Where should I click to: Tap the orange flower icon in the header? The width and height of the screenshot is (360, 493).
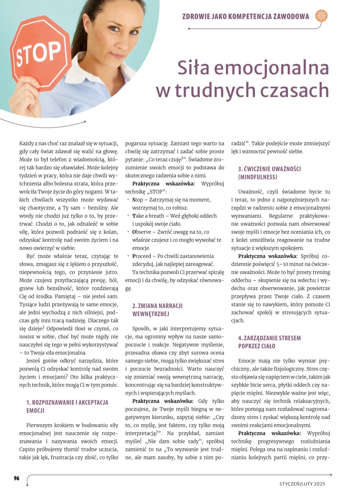pyautogui.click(x=321, y=16)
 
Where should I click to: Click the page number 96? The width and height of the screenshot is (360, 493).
pyautogui.click(x=17, y=478)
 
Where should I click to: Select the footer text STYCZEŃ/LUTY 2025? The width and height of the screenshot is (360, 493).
pyautogui.click(x=302, y=484)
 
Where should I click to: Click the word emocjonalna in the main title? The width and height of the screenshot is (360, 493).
pyautogui.click(x=271, y=68)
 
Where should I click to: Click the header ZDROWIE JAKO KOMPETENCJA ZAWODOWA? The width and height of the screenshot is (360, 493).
pyautogui.click(x=246, y=16)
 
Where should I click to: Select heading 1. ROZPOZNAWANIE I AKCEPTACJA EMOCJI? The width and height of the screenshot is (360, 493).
pyautogui.click(x=67, y=406)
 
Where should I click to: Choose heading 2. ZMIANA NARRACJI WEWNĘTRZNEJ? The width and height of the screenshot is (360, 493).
pyautogui.click(x=157, y=310)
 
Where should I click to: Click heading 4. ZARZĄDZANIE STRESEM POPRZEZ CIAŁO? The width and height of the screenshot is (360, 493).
pyautogui.click(x=269, y=342)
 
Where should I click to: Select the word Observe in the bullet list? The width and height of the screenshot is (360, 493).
pyautogui.click(x=142, y=232)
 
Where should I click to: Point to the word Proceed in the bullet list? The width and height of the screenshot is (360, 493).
pyautogui.click(x=142, y=256)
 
